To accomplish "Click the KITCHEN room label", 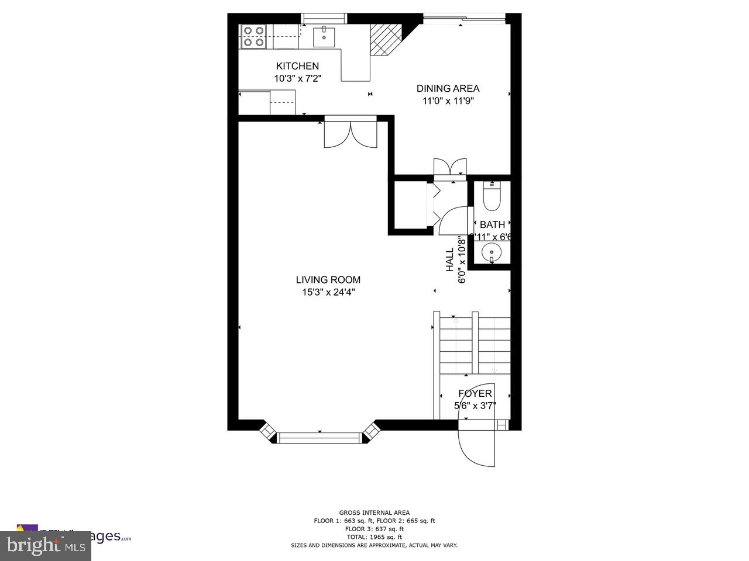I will [297, 66].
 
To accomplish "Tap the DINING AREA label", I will [448, 89].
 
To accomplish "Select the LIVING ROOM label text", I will [328, 280].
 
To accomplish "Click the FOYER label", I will [475, 393].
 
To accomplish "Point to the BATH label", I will [492, 224].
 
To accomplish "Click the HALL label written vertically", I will [450, 260].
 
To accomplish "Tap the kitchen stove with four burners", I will [253, 36].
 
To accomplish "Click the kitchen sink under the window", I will [323, 36].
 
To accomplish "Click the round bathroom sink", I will [492, 253].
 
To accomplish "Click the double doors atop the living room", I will [350, 133].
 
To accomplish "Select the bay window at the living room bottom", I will [319, 436].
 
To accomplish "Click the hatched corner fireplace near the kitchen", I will [386, 39].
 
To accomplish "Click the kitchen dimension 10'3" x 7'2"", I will [297, 78].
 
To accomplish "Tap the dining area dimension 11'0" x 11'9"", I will [448, 101].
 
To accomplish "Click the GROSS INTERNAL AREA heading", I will [374, 512].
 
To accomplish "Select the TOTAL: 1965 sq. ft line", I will [374, 536].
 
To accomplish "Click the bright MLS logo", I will [46, 546].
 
